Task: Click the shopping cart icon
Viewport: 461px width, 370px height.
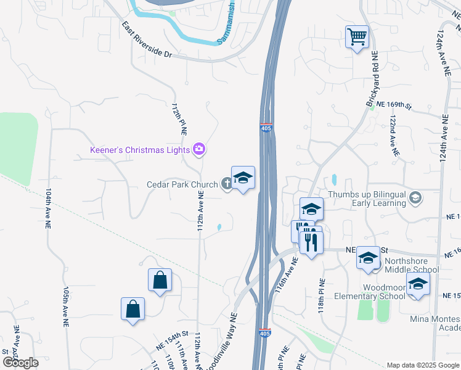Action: (x=357, y=37)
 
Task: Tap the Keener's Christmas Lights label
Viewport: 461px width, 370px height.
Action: (x=139, y=149)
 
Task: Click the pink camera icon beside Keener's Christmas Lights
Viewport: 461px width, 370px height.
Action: (x=199, y=149)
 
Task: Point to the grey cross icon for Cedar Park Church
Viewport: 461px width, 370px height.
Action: (x=227, y=183)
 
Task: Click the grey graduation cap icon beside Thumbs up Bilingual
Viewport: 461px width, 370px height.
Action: (x=416, y=197)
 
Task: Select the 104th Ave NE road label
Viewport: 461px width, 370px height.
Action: (x=48, y=209)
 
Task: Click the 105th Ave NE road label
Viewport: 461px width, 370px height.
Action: (x=65, y=305)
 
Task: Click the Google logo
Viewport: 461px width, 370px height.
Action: (x=20, y=363)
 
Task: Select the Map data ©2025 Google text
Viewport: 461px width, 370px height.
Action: (x=422, y=365)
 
